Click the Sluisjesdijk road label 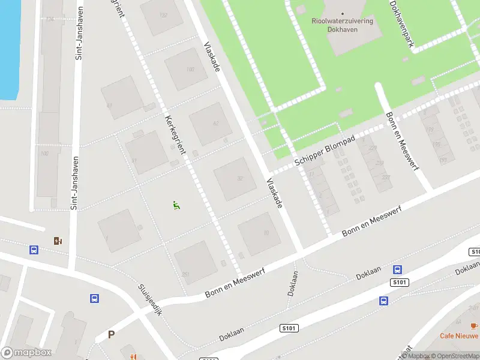tap(150, 300)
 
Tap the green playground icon tap(176, 205)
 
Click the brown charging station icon tap(58, 241)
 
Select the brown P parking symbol tap(111, 335)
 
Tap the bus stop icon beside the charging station tap(34, 250)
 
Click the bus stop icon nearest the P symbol tap(94, 298)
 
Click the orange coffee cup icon tap(474, 325)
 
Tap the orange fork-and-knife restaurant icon tap(133, 356)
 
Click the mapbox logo tap(26, 353)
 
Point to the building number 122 tap(163, 15)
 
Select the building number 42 tap(215, 124)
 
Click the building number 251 tap(185, 274)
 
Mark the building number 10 tap(265, 234)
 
